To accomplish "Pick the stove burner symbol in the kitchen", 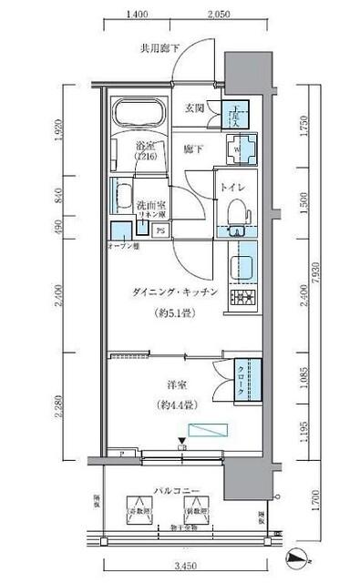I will [242, 299].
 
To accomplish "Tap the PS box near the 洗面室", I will [160, 230].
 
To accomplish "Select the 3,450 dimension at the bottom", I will [185, 567].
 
